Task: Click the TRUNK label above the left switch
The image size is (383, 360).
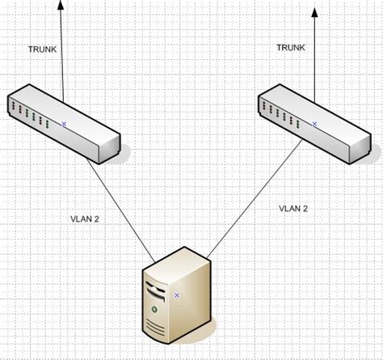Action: (x=42, y=49)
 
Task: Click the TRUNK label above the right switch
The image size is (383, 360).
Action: (x=291, y=48)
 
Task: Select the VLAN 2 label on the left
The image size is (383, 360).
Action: (x=84, y=218)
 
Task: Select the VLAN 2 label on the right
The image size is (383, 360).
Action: (x=293, y=208)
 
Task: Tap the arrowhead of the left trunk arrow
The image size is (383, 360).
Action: (x=61, y=5)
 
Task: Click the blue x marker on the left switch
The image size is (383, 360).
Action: (x=65, y=124)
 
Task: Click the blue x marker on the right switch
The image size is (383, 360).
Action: (x=314, y=123)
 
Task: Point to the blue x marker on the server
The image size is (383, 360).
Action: (x=176, y=295)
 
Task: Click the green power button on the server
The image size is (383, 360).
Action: (x=151, y=309)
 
